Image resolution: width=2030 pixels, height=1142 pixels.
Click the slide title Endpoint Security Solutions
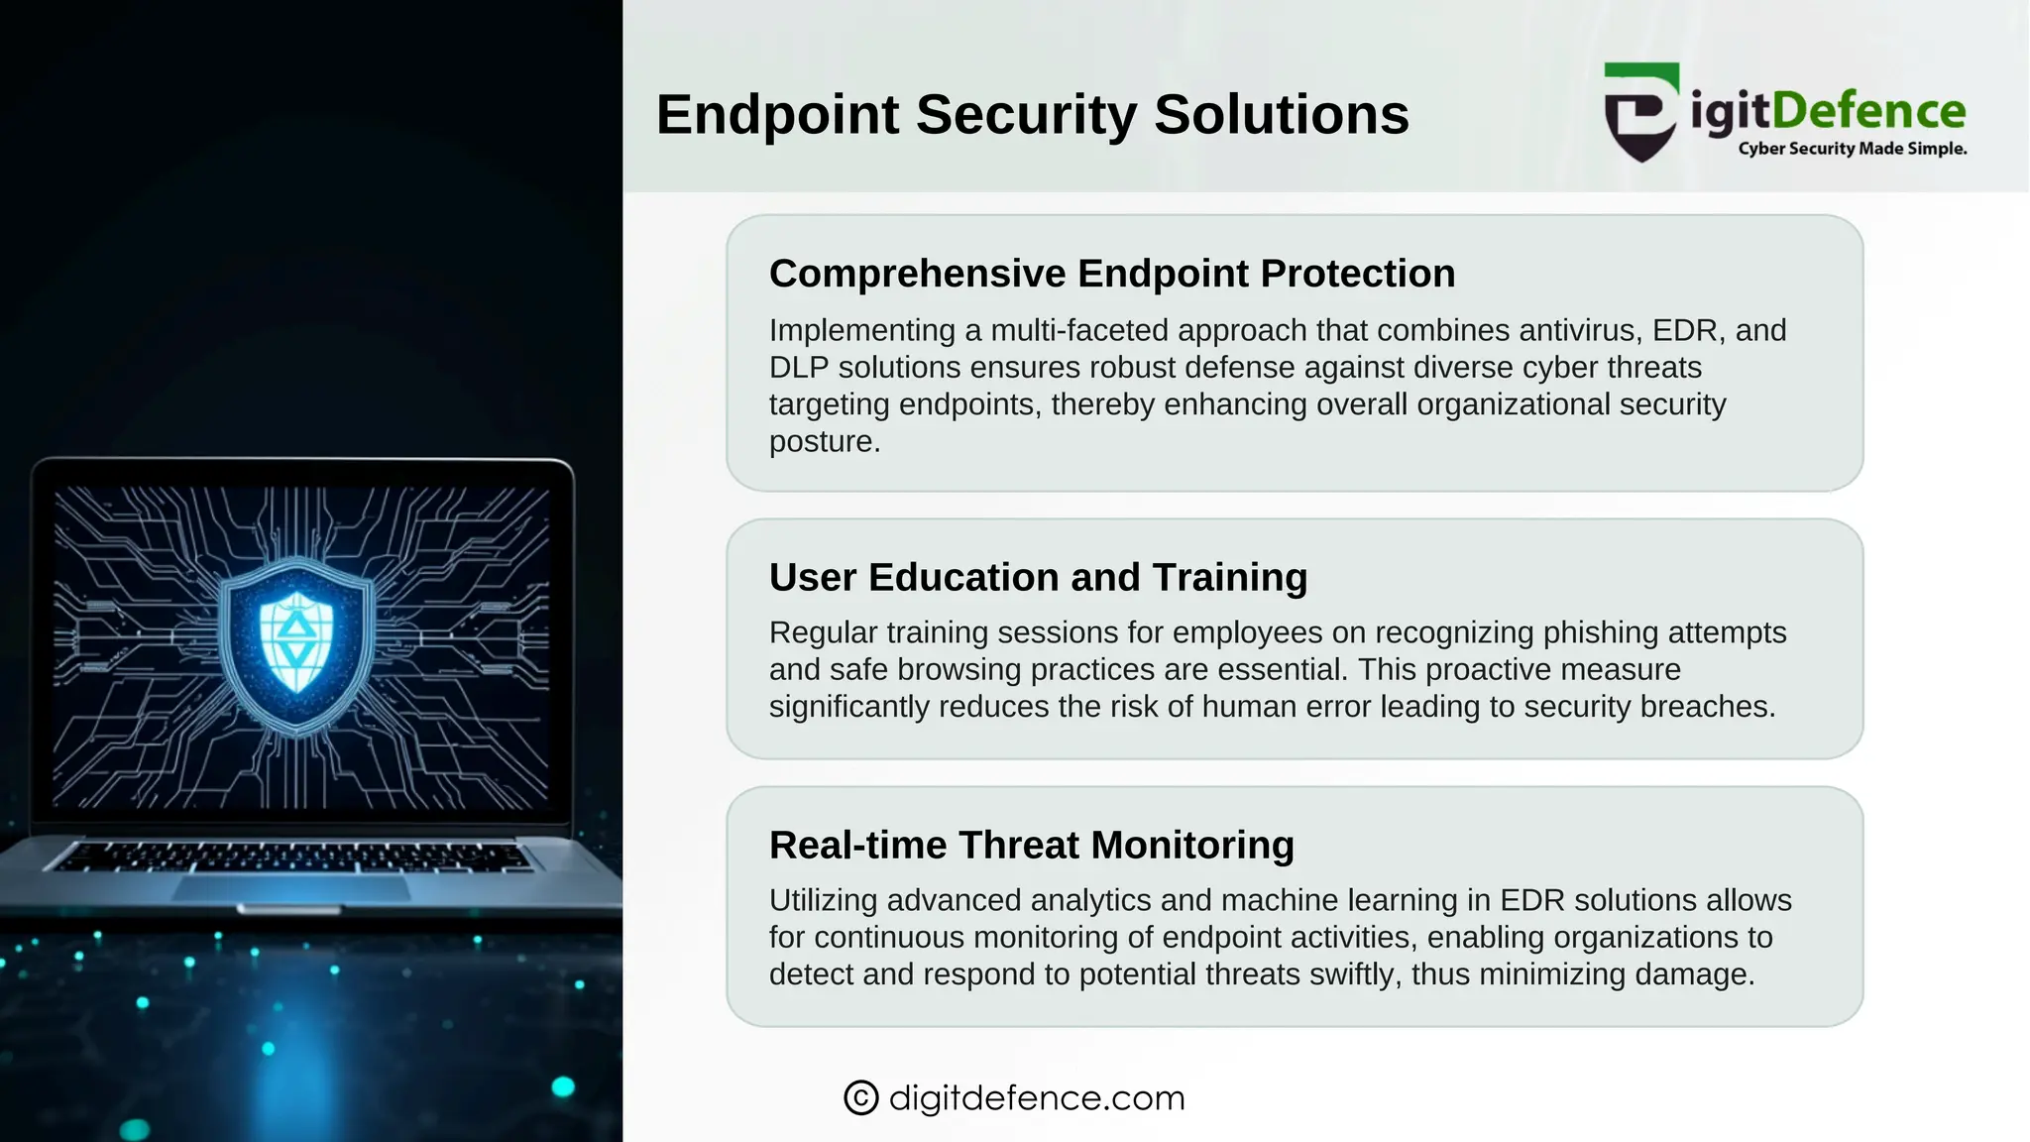pos(1032,114)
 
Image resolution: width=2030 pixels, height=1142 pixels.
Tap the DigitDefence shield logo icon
pos(1641,112)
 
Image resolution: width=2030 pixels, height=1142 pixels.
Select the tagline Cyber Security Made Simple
pos(1852,149)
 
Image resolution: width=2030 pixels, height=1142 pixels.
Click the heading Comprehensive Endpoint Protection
pos(1111,274)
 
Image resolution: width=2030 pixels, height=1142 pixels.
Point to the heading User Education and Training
pos(1038,577)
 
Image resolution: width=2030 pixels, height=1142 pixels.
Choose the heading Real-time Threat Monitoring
pos(1031,845)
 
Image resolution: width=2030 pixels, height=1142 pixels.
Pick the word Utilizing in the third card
pos(824,900)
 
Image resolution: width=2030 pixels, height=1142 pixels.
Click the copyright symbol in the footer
pos(860,1097)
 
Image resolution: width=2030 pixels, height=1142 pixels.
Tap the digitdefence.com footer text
pos(1037,1097)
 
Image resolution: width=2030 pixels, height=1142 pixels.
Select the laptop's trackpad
pos(292,887)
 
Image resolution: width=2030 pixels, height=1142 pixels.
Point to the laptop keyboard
pos(292,856)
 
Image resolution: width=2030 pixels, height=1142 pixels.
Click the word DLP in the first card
pos(799,368)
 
